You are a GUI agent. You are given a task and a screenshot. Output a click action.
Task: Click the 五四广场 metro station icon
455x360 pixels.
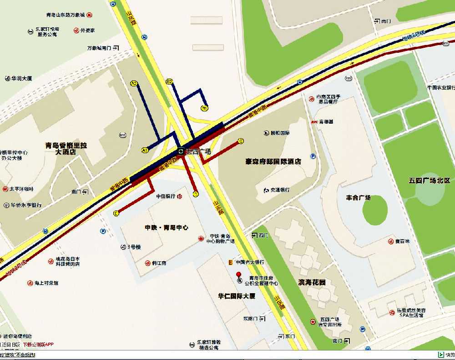point(181,151)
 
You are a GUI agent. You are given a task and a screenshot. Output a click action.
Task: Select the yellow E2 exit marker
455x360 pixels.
point(169,81)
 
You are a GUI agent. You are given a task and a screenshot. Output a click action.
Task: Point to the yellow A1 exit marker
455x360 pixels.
point(145,150)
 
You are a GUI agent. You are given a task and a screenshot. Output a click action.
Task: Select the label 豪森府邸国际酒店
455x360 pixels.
point(273,161)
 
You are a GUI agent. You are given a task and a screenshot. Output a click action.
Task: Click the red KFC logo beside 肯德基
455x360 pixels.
point(313,122)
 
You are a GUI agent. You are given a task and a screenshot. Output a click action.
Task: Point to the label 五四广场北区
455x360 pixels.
point(429,180)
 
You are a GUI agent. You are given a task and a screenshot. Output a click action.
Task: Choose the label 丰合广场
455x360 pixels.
point(359,197)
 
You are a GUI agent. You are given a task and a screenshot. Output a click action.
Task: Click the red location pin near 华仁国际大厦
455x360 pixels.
point(238,274)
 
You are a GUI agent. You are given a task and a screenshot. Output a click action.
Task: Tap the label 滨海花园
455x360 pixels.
point(312,282)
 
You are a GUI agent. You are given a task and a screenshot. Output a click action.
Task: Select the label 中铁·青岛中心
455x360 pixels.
point(167,227)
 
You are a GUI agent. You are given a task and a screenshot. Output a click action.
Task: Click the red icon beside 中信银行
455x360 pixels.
point(180,196)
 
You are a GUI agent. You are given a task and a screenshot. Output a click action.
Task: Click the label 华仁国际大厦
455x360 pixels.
point(237,296)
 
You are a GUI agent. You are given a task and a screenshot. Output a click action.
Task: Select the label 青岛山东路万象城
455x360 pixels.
point(66,15)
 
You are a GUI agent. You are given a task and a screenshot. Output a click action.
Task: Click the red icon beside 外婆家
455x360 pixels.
point(76,30)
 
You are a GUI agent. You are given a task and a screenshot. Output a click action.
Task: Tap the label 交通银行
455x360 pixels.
point(280,190)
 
